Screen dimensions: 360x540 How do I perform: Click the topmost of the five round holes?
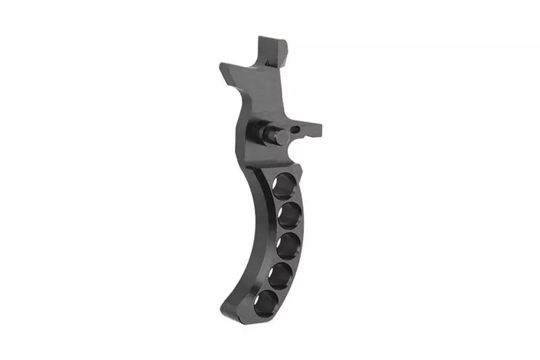click(x=284, y=185)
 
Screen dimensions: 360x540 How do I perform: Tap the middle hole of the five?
click(x=288, y=245)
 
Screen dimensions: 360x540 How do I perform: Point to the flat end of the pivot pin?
click(x=281, y=137)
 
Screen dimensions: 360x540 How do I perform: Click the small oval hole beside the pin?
click(x=296, y=127)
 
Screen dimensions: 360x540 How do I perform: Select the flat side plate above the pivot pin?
click(x=260, y=95)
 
